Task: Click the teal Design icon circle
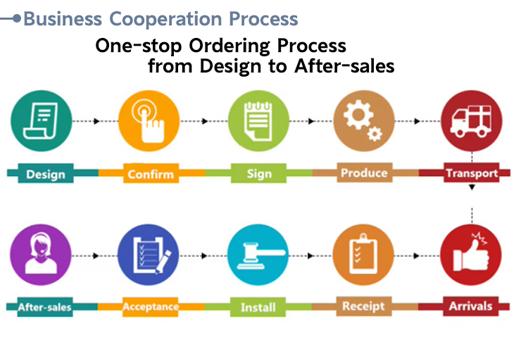(x=42, y=121)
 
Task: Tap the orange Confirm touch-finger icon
(x=149, y=121)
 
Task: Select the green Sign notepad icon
(x=258, y=121)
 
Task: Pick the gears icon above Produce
(x=364, y=121)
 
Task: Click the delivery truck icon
(x=472, y=121)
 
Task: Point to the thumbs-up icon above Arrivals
(x=471, y=255)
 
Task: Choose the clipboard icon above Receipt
(x=363, y=255)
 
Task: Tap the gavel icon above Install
(x=258, y=255)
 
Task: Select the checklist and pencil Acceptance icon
(x=148, y=255)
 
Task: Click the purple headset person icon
(x=41, y=255)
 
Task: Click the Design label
(x=46, y=173)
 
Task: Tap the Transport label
(x=472, y=172)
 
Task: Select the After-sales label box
(x=45, y=307)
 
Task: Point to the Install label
(x=258, y=307)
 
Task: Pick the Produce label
(x=365, y=172)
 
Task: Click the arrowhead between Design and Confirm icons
(x=96, y=121)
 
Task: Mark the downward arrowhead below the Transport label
(x=472, y=188)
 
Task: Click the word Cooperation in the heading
(x=165, y=19)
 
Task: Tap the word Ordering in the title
(x=230, y=46)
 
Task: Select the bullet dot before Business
(x=17, y=18)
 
